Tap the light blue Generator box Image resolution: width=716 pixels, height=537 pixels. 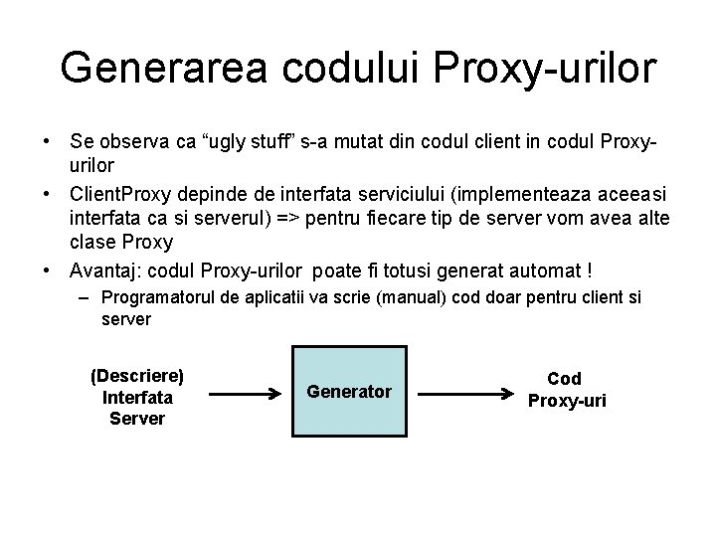[x=349, y=392]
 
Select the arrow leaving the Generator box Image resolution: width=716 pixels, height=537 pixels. [x=452, y=394]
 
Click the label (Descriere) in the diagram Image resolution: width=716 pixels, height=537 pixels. [x=137, y=376]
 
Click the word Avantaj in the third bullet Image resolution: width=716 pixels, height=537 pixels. [x=108, y=269]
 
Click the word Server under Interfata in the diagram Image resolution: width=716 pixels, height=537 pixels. [x=137, y=418]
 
